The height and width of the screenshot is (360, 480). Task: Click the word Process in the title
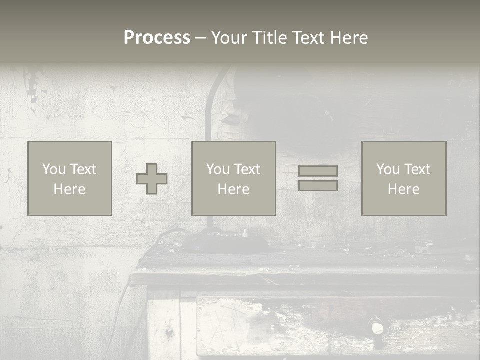(157, 38)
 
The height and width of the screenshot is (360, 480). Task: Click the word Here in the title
(349, 38)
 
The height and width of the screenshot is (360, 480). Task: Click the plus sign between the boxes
(152, 179)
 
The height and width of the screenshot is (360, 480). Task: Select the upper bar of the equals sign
(318, 171)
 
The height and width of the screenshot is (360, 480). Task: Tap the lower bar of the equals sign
(318, 186)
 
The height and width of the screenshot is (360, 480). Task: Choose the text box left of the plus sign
(70, 178)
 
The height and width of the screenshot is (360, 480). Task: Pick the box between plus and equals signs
(234, 178)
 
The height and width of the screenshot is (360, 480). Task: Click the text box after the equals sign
(404, 178)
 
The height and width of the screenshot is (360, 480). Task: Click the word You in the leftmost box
(53, 169)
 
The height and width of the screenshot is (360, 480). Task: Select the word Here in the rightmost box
(404, 189)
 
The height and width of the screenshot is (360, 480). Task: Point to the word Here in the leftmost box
(70, 189)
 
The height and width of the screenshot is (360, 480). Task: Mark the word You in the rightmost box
(387, 169)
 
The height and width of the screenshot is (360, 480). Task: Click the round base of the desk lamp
(225, 243)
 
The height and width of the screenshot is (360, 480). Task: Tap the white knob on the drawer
(377, 328)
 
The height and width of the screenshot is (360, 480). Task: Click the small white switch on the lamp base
(245, 233)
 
